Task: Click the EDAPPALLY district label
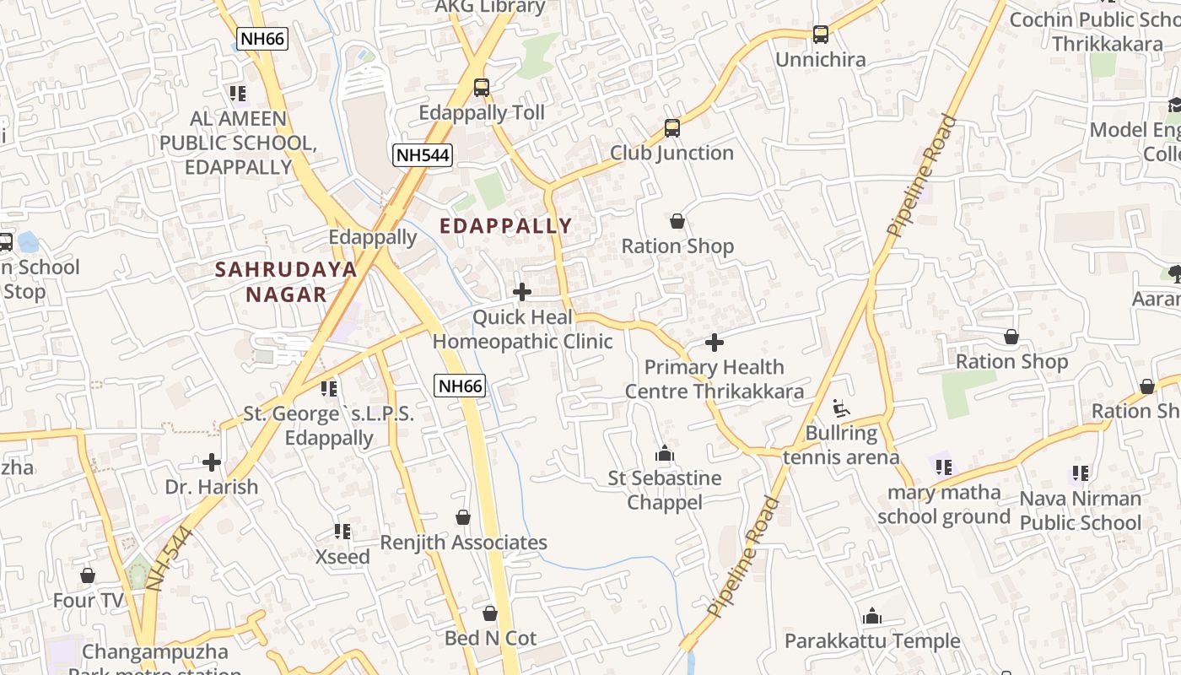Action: pyautogui.click(x=506, y=226)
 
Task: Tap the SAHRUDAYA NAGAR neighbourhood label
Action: pyautogui.click(x=286, y=282)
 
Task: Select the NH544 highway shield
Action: pyautogui.click(x=423, y=154)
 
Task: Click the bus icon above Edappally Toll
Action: pyautogui.click(x=481, y=88)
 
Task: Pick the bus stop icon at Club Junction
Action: pyautogui.click(x=671, y=128)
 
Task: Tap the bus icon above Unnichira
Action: pyautogui.click(x=820, y=35)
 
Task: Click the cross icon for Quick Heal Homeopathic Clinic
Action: pyautogui.click(x=522, y=293)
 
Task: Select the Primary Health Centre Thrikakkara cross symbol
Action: pyautogui.click(x=714, y=343)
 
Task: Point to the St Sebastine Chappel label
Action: pyautogui.click(x=665, y=490)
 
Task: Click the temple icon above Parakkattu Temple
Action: pyautogui.click(x=872, y=617)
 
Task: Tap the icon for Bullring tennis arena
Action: pyautogui.click(x=840, y=409)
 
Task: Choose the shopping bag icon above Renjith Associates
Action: pyautogui.click(x=462, y=517)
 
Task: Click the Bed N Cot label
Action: pyautogui.click(x=490, y=638)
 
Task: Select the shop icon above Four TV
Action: pyautogui.click(x=88, y=576)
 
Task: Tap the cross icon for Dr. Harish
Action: pyautogui.click(x=212, y=462)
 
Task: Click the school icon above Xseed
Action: pyautogui.click(x=342, y=532)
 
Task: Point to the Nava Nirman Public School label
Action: pyautogui.click(x=1080, y=510)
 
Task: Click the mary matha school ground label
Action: pyautogui.click(x=944, y=505)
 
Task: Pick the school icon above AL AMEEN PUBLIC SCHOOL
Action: pyautogui.click(x=238, y=93)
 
